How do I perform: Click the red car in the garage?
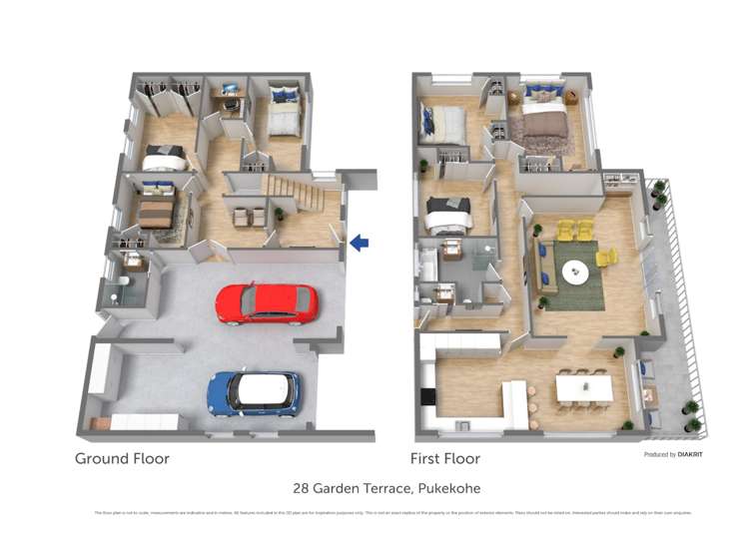click(266, 303)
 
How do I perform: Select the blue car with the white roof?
click(254, 392)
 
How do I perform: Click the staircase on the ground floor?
click(292, 190)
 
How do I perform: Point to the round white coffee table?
click(576, 271)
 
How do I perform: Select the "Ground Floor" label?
click(122, 459)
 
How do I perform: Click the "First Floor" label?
click(445, 459)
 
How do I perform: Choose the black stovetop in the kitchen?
click(428, 396)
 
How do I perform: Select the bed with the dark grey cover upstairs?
click(447, 213)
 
